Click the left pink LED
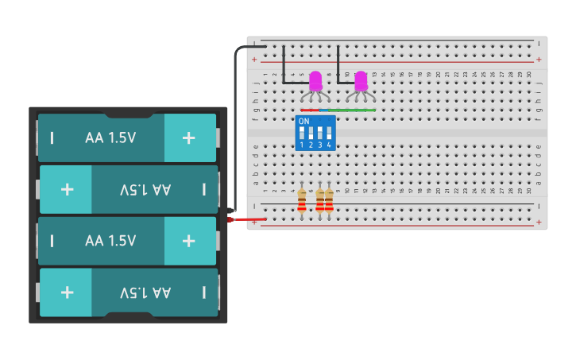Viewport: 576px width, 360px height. (x=315, y=81)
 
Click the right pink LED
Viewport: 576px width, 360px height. (x=361, y=81)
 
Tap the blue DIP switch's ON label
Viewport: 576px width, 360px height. (x=303, y=122)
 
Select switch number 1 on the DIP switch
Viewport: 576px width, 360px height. (x=302, y=133)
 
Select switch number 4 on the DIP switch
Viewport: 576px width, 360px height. (x=328, y=133)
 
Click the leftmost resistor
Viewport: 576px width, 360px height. (x=302, y=199)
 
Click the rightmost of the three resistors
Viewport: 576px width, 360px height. (x=329, y=199)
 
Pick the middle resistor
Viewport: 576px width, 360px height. (x=320, y=199)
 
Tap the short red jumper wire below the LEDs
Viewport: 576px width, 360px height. (x=310, y=110)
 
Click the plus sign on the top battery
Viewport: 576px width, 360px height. (x=188, y=137)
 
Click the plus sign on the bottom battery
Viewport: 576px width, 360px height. (x=67, y=292)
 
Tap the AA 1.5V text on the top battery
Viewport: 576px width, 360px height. (x=110, y=137)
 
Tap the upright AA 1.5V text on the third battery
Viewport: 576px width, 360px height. (x=110, y=241)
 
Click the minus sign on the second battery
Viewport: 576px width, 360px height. (x=204, y=189)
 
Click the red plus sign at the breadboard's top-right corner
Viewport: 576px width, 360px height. (x=539, y=59)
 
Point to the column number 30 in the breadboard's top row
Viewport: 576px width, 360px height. (x=529, y=74)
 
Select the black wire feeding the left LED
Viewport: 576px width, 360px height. (x=284, y=64)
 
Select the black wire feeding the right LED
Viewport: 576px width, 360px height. (x=338, y=64)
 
